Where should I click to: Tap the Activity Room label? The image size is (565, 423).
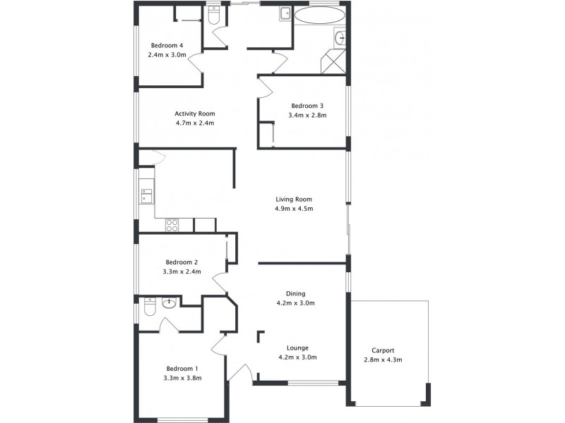click(x=195, y=114)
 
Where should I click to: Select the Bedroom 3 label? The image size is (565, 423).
click(x=307, y=106)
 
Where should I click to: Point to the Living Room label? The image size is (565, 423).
click(x=294, y=200)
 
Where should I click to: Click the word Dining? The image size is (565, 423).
click(x=295, y=294)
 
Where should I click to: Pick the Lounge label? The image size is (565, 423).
click(x=297, y=348)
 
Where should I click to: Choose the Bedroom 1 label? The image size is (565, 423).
click(x=182, y=369)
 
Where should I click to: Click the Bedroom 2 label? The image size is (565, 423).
click(x=182, y=262)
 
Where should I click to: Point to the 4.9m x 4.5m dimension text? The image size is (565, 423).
click(x=294, y=209)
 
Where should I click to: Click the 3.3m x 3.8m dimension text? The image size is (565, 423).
click(x=182, y=378)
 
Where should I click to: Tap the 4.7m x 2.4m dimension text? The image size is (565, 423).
click(x=195, y=123)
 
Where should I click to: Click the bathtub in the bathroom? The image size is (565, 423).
click(x=319, y=15)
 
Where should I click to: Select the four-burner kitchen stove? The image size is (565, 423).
click(x=172, y=226)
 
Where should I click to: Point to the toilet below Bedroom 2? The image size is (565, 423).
click(x=149, y=305)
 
